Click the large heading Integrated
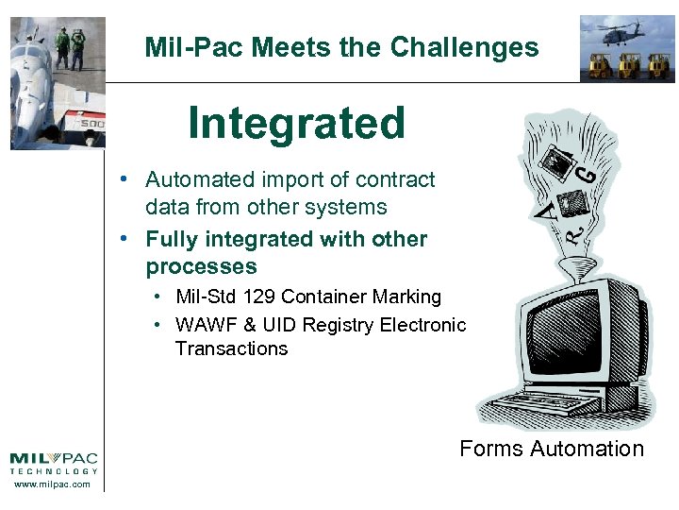coord(296,123)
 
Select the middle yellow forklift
coord(628,64)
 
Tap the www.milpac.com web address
coord(54,484)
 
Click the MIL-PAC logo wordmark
coord(54,458)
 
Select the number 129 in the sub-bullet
coord(259,297)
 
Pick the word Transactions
coord(231,348)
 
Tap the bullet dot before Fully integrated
coord(124,240)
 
